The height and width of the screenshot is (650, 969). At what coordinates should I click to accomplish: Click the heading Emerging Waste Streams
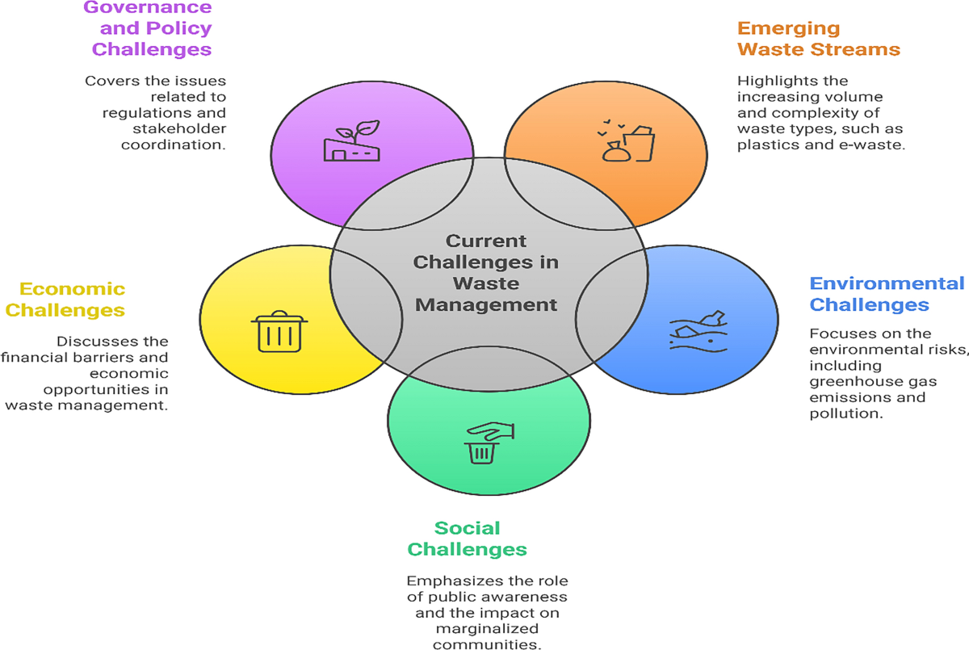point(818,38)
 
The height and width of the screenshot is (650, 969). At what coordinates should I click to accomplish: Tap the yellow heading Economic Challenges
point(72,299)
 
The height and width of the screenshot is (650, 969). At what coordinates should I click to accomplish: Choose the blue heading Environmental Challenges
point(886,294)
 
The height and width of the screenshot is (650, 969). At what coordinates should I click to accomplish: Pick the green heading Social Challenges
point(467,539)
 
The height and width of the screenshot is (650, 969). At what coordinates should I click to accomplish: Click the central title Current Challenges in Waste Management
point(486,273)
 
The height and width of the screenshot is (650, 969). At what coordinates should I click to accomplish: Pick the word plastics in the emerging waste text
point(768,145)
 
